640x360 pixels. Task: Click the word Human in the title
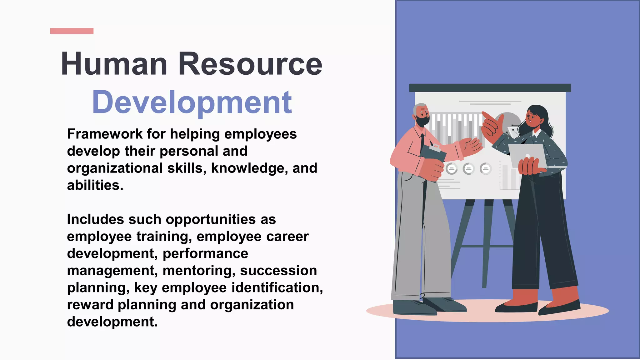point(114,64)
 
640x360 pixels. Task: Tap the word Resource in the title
point(250,64)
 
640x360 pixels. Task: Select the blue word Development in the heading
point(192,102)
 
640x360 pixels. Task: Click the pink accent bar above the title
point(72,31)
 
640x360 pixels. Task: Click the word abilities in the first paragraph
point(95,185)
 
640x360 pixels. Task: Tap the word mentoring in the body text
point(199,271)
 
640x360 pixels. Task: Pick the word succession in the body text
point(278,271)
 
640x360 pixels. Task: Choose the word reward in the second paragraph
point(90,305)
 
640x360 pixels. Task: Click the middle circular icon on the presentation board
point(468,169)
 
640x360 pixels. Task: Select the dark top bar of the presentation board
point(490,88)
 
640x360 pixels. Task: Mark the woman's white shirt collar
point(537,134)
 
